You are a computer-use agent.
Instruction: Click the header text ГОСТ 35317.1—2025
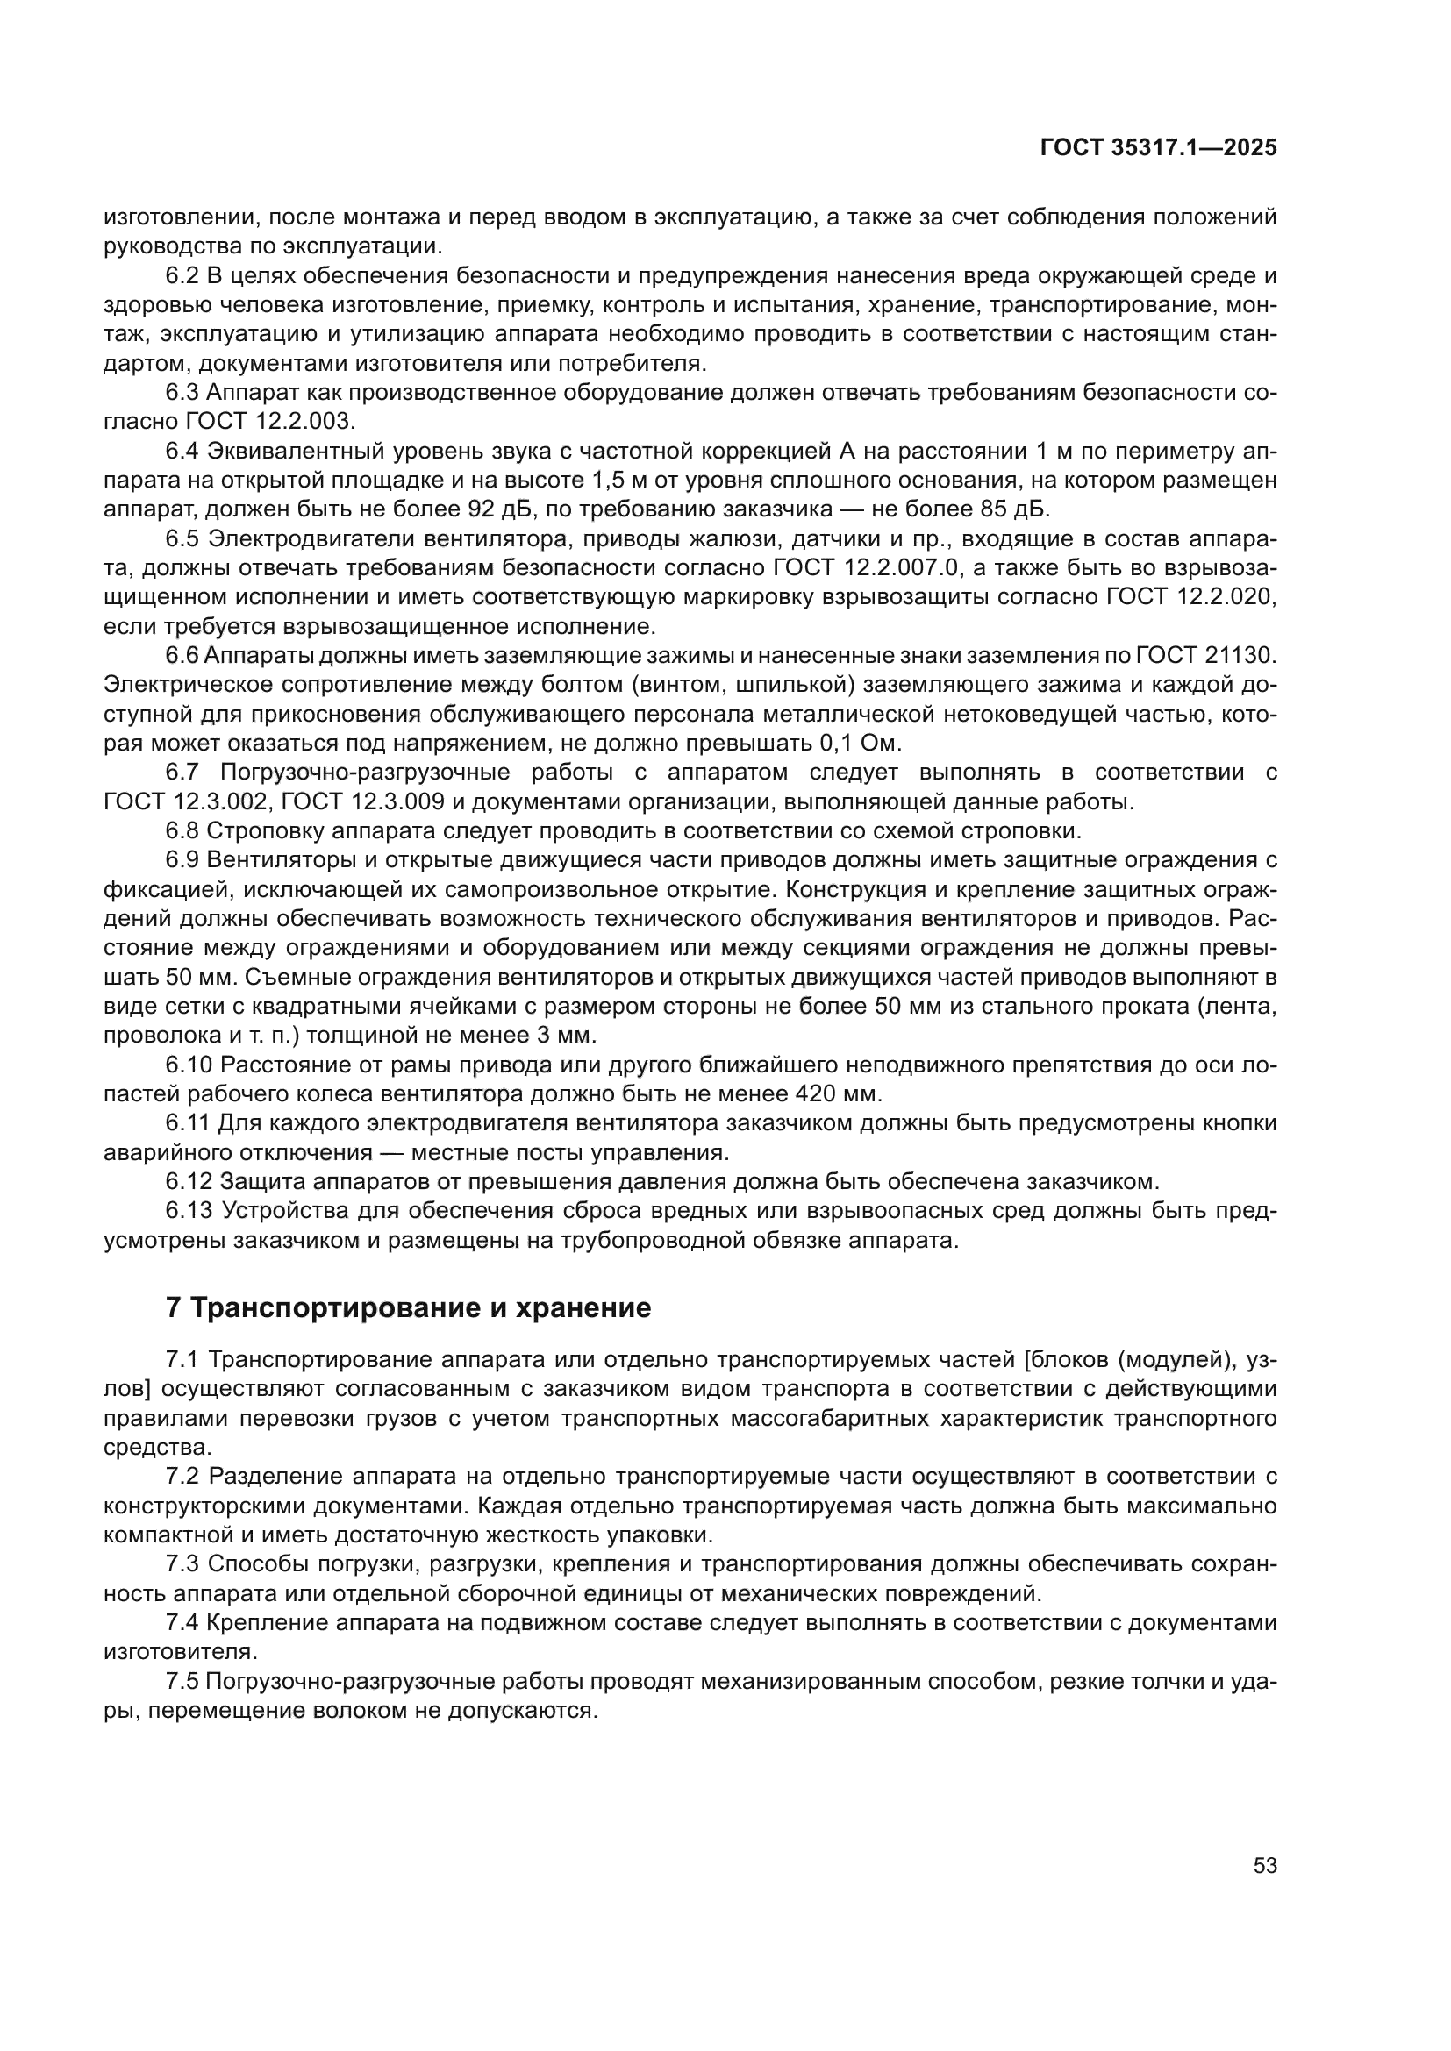tap(1158, 148)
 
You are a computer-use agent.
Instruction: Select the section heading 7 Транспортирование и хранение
tap(408, 1307)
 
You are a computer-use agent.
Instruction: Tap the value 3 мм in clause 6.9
tap(560, 1036)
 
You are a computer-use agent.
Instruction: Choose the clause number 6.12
tap(189, 1182)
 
